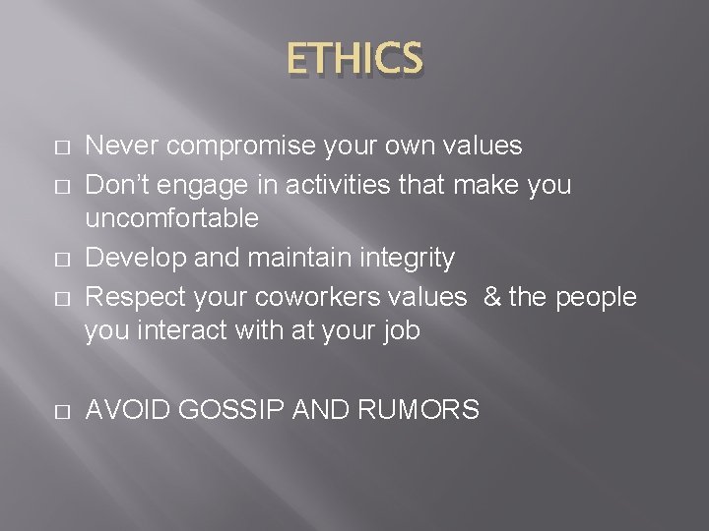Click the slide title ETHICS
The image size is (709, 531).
point(355,58)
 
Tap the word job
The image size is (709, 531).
point(400,331)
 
